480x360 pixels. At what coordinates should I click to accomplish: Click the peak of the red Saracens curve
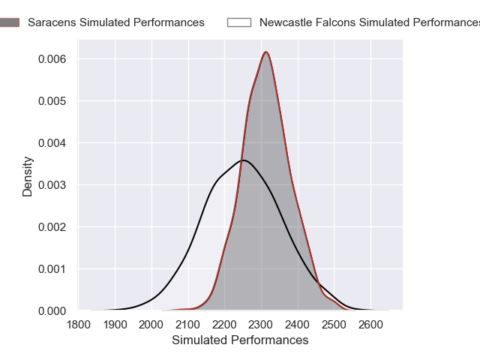[265, 52]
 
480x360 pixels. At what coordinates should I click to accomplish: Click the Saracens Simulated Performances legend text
[116, 22]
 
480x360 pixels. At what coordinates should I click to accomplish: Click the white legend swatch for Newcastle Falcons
[238, 22]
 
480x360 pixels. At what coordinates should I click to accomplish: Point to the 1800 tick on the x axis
[78, 325]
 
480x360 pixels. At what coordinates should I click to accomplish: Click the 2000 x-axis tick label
[151, 325]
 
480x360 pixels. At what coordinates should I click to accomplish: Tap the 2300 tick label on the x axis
[261, 325]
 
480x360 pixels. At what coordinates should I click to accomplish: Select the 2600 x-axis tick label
[370, 325]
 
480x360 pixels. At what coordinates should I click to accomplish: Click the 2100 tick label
[188, 325]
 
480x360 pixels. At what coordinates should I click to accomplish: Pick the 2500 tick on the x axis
[334, 325]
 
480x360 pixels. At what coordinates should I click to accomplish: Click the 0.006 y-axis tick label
[52, 59]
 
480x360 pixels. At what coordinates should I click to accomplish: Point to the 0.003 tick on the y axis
[52, 185]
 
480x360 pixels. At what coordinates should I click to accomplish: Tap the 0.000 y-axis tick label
[52, 310]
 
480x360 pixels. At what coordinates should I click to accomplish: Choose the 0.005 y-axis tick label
[52, 101]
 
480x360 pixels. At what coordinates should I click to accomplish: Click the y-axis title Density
[28, 176]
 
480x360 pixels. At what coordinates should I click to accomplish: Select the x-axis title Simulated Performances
[240, 340]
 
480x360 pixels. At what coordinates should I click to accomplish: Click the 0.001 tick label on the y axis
[52, 268]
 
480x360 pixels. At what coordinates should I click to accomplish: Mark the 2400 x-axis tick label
[298, 325]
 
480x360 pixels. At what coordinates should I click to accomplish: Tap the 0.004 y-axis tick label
[52, 143]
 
